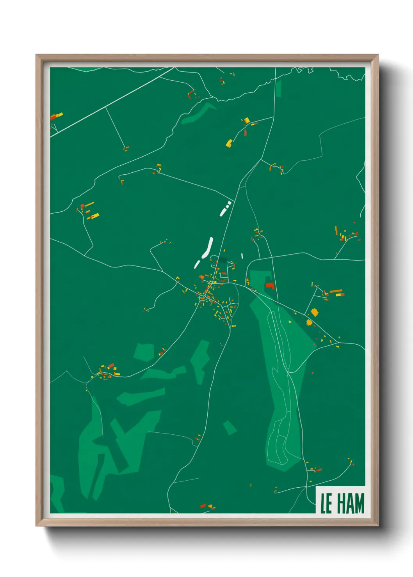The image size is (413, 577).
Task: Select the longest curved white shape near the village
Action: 208,247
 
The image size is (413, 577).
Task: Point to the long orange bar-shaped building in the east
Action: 336,291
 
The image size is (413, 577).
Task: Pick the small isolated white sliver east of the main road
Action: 242,256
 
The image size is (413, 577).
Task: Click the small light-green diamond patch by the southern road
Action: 230,428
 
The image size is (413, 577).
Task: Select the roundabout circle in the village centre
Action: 202,298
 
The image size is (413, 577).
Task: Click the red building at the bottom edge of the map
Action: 203,506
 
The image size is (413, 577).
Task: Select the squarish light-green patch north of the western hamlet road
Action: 144,352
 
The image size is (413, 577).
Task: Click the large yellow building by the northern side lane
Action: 229,143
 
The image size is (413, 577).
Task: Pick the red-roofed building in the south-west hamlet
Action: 111,366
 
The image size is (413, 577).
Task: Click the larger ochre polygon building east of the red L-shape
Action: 314,312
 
